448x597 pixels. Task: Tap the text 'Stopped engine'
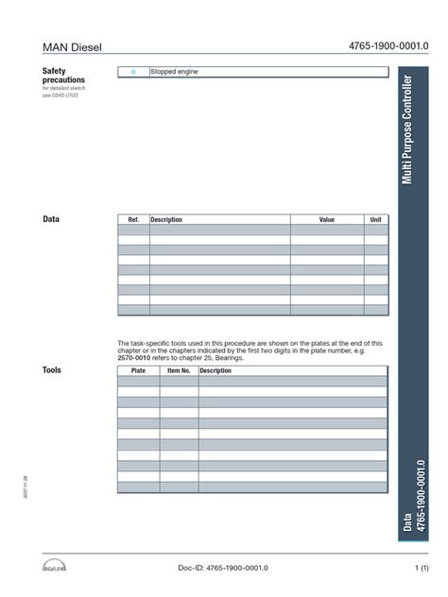pyautogui.click(x=175, y=72)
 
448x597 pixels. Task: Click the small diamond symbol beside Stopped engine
pyautogui.click(x=133, y=72)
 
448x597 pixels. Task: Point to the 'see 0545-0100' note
pyautogui.click(x=60, y=95)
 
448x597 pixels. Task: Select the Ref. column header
pyautogui.click(x=133, y=219)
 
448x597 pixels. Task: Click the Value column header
pyautogui.click(x=327, y=219)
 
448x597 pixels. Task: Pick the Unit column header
pyautogui.click(x=375, y=219)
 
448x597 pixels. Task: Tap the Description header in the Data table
pyautogui.click(x=166, y=219)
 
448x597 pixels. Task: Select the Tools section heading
pyautogui.click(x=52, y=370)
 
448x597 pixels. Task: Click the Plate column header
pyautogui.click(x=138, y=371)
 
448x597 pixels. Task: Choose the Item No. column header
pyautogui.click(x=179, y=371)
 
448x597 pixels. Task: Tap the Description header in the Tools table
pyautogui.click(x=215, y=371)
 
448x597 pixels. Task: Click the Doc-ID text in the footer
pyautogui.click(x=224, y=567)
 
